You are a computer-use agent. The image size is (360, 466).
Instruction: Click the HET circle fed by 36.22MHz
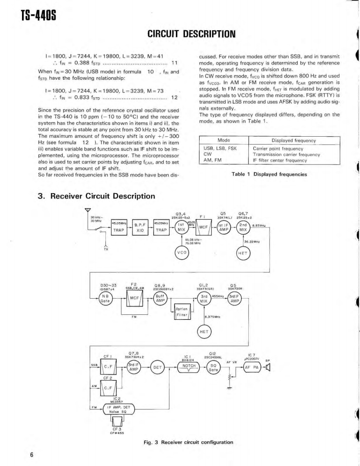[x=243, y=252]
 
